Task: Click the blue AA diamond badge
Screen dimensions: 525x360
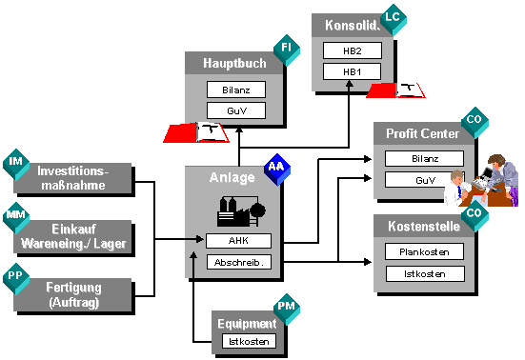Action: click(x=277, y=170)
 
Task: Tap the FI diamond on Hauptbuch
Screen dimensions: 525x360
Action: click(x=287, y=50)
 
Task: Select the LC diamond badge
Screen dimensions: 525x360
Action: click(x=394, y=20)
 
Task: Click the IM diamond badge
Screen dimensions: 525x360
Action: click(x=16, y=165)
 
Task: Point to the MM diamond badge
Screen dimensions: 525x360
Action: click(x=16, y=218)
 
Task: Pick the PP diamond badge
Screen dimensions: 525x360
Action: click(x=16, y=278)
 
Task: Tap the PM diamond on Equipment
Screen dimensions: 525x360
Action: click(x=287, y=309)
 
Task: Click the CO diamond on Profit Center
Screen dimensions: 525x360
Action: click(x=475, y=123)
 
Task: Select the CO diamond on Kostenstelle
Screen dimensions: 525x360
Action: click(x=475, y=216)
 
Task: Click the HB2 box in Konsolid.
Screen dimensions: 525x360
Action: click(x=353, y=50)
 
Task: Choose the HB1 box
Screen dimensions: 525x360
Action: click(x=352, y=71)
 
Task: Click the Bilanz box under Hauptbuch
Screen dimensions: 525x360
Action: click(x=236, y=90)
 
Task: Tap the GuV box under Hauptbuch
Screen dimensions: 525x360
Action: click(x=236, y=110)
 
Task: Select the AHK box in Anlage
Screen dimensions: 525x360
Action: click(x=238, y=241)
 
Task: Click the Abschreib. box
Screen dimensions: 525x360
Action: click(x=239, y=262)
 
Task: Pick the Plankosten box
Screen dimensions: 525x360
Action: click(x=424, y=251)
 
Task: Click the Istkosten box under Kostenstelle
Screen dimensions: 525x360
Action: click(x=425, y=274)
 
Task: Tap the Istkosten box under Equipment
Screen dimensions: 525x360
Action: click(x=249, y=341)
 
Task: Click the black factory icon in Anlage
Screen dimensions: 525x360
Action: click(x=241, y=210)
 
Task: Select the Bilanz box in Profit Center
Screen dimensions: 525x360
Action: click(x=425, y=158)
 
